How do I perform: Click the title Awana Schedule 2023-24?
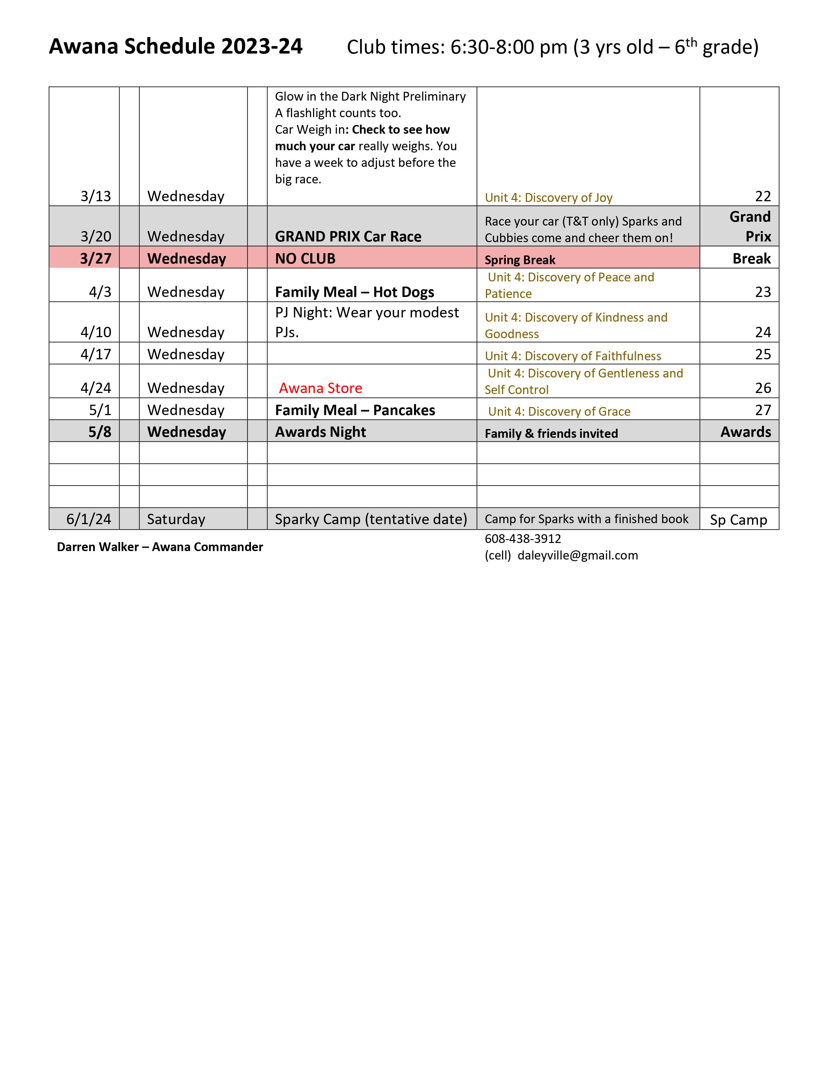tap(176, 47)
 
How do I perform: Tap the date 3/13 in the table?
tap(96, 196)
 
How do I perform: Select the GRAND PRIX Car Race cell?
tap(348, 236)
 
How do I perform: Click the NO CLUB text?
tap(305, 258)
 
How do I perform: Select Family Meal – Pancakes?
tap(355, 410)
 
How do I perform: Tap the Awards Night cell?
tap(320, 432)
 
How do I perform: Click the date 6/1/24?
tap(89, 519)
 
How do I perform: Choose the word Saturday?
tap(176, 519)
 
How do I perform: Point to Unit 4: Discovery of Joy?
tap(548, 198)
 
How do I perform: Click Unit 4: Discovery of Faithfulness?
tap(573, 356)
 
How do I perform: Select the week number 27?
tap(763, 410)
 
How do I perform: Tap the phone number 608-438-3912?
tap(523, 538)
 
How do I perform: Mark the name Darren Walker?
tap(98, 547)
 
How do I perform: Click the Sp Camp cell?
tap(738, 519)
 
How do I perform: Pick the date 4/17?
tap(96, 354)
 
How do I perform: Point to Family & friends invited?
tap(551, 434)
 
